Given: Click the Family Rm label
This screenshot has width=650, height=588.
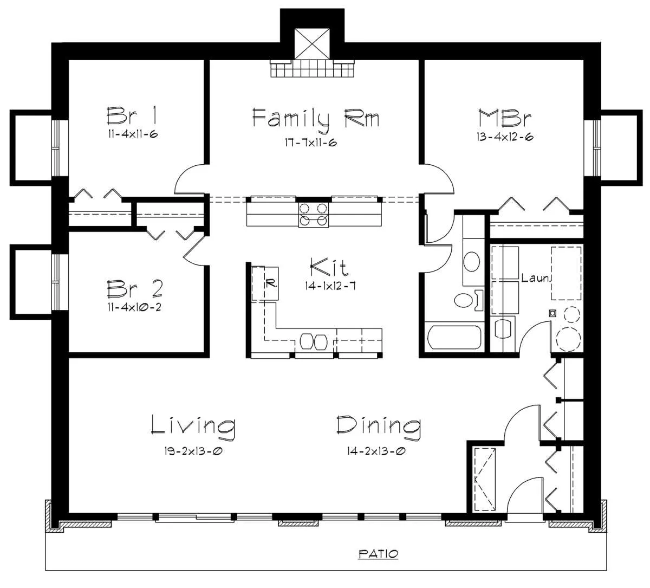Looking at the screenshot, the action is (x=315, y=120).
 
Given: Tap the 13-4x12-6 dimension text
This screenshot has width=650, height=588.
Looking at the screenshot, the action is (x=504, y=137).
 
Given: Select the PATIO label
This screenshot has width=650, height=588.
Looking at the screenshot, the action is (x=378, y=554).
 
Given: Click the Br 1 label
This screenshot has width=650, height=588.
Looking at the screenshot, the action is (x=132, y=116).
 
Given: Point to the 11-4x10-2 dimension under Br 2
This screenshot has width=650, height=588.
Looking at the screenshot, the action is (x=134, y=307).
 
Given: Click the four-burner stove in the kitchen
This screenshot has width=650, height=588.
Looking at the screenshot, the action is (x=313, y=214).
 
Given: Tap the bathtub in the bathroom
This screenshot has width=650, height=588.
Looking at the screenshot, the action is (x=454, y=337).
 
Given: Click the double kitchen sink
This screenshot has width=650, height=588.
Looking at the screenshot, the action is (x=313, y=341).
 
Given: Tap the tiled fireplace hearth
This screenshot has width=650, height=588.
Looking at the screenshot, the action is (x=312, y=68).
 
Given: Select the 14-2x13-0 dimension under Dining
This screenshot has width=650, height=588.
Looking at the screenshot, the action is (x=376, y=451).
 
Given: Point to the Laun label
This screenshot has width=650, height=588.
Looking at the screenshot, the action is (x=536, y=278).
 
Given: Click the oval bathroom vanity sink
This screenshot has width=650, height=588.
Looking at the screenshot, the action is (x=471, y=261).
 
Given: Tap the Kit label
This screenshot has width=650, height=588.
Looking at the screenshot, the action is (x=329, y=267).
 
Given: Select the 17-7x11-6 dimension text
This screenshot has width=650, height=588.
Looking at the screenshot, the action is (x=311, y=143).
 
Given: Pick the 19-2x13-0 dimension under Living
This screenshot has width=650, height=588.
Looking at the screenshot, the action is (x=193, y=451).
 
